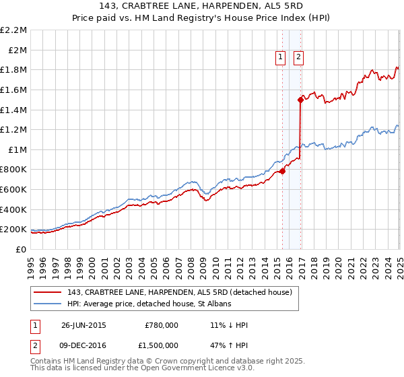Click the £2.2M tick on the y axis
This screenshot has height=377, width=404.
click(13, 30)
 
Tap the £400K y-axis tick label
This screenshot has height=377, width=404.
click(13, 209)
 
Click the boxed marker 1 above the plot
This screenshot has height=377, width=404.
click(280, 58)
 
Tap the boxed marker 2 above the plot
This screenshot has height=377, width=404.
click(298, 58)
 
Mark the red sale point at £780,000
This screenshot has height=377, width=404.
click(283, 171)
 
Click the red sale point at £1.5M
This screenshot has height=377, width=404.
click(300, 100)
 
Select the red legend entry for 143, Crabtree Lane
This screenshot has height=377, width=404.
click(179, 292)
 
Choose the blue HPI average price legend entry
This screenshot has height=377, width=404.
click(149, 304)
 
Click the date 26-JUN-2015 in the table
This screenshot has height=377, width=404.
click(83, 325)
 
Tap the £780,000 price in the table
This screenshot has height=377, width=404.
click(161, 325)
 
